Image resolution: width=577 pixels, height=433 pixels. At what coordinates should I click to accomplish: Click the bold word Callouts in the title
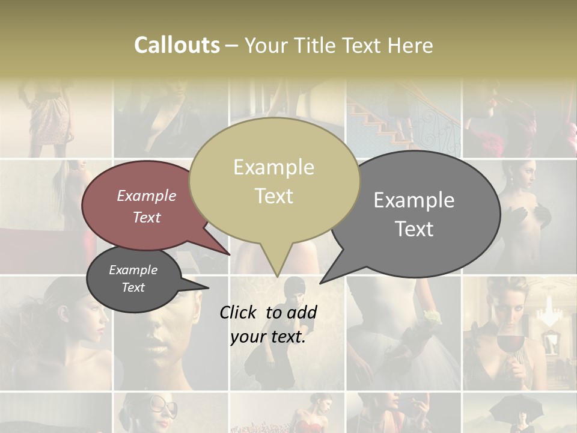pos(177,45)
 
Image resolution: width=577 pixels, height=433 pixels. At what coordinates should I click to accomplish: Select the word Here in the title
pos(411,45)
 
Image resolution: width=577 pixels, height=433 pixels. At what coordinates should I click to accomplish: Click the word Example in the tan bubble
pos(273,167)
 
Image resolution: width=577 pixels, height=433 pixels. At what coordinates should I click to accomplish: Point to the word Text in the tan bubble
pos(273,196)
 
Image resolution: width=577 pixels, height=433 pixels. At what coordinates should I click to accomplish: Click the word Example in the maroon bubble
pos(147,195)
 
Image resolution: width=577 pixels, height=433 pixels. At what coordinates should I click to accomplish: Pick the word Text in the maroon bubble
pos(147,217)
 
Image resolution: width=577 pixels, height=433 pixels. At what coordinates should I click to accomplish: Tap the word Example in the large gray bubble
pos(414,200)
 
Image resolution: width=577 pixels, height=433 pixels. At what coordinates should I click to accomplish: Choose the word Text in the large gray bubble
pos(414,229)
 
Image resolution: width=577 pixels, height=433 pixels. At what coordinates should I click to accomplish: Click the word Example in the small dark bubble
pos(133,270)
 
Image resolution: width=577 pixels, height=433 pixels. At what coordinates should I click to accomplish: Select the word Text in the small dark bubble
pos(133,287)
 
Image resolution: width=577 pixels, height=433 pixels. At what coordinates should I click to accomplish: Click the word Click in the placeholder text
pos(239,312)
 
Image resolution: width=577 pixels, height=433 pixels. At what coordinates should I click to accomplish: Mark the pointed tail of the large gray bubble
pos(328,277)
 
